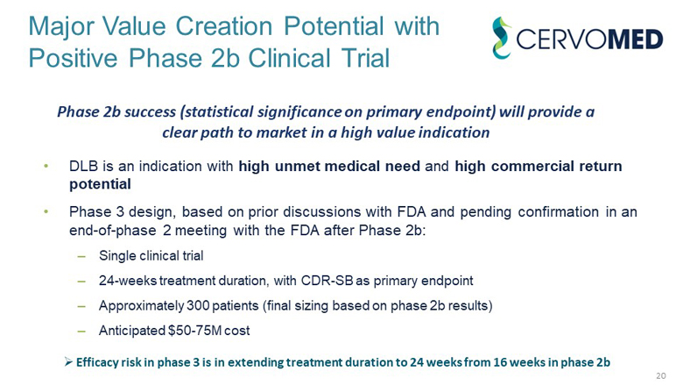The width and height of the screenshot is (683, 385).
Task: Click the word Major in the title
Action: [60, 25]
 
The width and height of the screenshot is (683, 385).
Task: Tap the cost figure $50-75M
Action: [189, 331]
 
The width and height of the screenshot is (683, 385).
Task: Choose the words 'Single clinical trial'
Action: [151, 256]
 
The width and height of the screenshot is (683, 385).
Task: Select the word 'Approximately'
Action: [134, 306]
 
